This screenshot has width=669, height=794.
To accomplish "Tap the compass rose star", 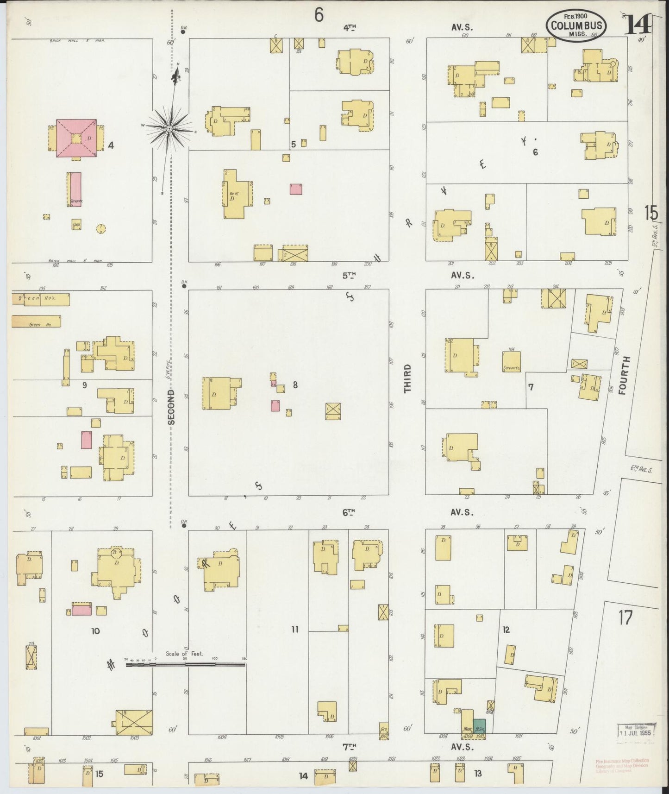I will point(170,128).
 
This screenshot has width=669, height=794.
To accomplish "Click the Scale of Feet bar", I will point(185,664).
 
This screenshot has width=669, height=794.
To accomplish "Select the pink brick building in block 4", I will point(76,138).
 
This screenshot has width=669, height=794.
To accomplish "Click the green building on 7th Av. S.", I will point(479,725).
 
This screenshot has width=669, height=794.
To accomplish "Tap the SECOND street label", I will point(172,407).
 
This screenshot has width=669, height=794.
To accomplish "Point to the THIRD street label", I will point(407,379).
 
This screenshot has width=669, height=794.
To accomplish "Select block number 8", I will point(295,384).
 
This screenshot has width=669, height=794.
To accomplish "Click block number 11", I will point(295,629).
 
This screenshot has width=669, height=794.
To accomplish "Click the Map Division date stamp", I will point(637,731).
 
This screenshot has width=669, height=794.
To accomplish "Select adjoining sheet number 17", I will point(625,618).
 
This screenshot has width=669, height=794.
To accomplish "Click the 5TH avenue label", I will point(350,275).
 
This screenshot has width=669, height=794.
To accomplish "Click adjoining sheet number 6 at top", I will point(319,15).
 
